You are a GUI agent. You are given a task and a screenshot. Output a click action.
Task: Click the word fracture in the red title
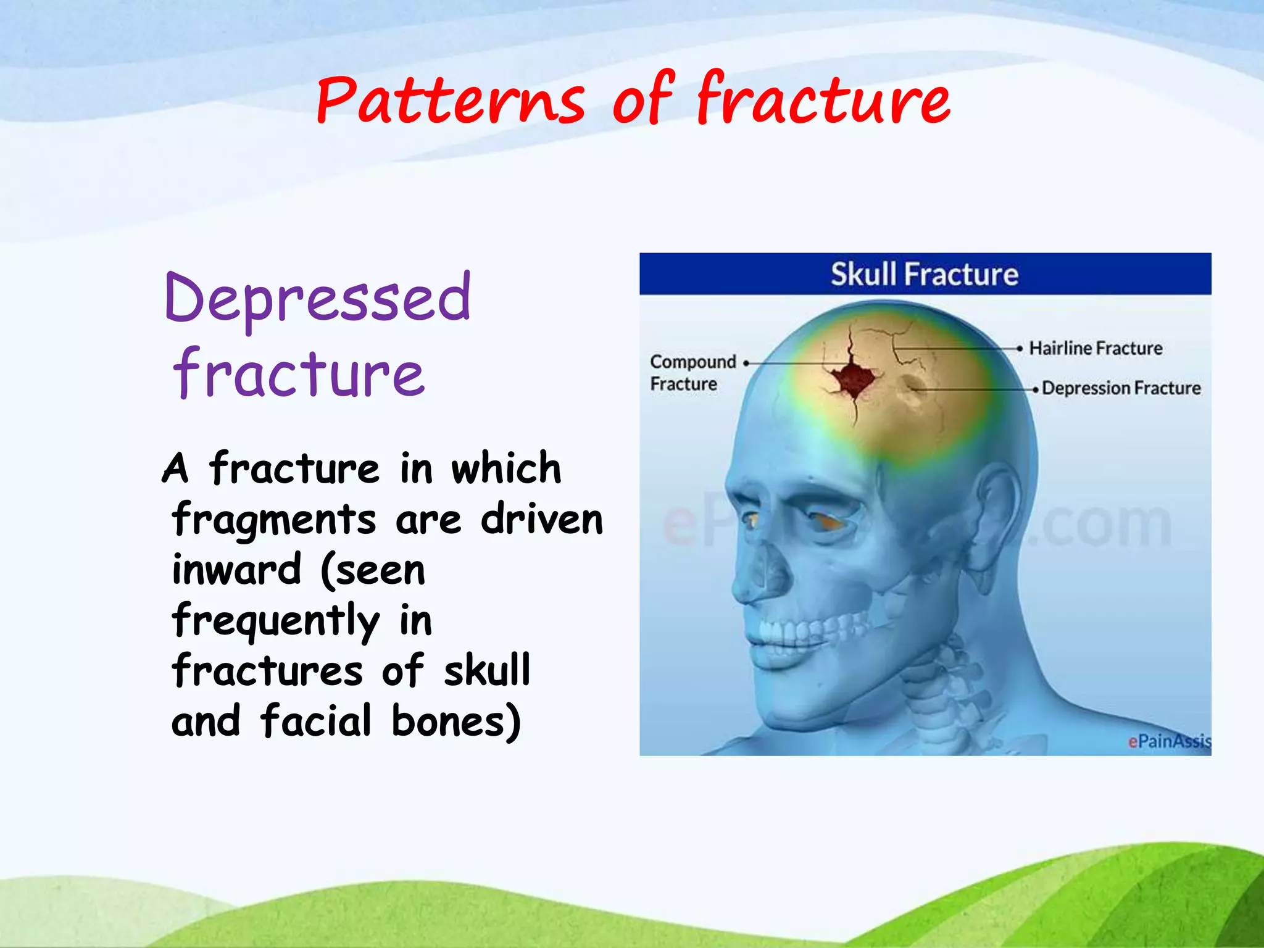click(x=824, y=99)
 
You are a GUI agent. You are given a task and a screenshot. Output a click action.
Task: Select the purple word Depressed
click(x=318, y=299)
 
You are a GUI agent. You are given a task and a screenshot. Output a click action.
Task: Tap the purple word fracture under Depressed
click(x=299, y=373)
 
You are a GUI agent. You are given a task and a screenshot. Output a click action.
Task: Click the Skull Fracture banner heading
click(x=924, y=274)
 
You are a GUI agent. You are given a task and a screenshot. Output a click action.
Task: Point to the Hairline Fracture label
click(x=1096, y=348)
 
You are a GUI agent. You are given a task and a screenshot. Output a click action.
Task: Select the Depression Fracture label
click(x=1121, y=388)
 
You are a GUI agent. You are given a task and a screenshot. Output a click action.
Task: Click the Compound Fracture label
click(x=692, y=372)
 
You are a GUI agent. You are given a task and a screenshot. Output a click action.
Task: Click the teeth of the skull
click(x=796, y=636)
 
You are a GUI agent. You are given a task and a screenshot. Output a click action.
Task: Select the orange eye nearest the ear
click(x=827, y=522)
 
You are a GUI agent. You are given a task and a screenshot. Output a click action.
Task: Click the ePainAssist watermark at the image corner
click(x=1168, y=741)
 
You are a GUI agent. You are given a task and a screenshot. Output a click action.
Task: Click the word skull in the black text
click(x=487, y=670)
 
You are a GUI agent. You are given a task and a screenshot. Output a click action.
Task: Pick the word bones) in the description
click(x=457, y=721)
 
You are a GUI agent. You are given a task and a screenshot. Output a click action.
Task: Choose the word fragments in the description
click(x=273, y=520)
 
